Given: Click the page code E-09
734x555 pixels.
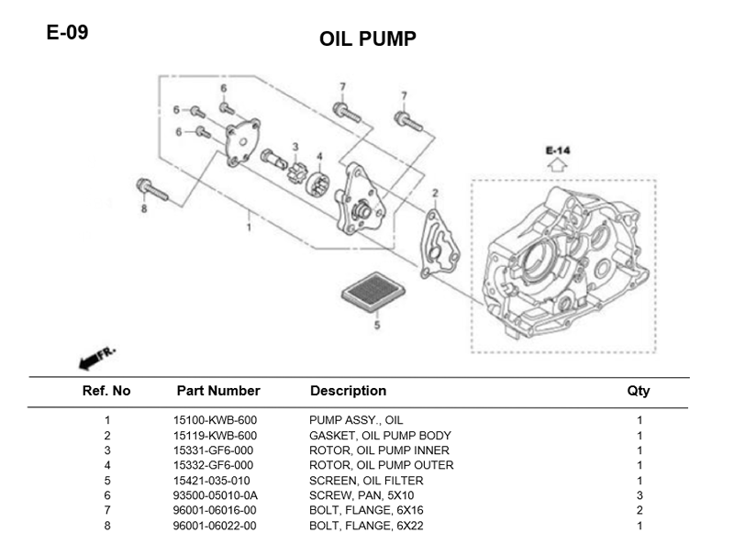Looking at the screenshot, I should pyautogui.click(x=67, y=33).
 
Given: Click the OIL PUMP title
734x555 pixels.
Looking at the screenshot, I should pyautogui.click(x=368, y=39).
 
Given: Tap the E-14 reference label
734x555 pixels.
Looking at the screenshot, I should pyautogui.click(x=557, y=150).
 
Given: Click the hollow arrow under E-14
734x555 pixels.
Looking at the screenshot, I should pyautogui.click(x=557, y=166).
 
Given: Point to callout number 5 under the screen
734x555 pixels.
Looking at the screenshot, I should pyautogui.click(x=375, y=325).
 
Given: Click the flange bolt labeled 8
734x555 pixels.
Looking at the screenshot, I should pyautogui.click(x=152, y=191).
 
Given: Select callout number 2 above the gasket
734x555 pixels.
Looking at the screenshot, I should pyautogui.click(x=435, y=194).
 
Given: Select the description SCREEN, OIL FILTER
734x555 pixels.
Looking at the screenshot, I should pyautogui.click(x=367, y=481).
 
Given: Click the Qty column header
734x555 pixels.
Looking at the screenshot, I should pyautogui.click(x=639, y=391).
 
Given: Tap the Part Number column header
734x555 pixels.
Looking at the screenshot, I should pyautogui.click(x=218, y=391).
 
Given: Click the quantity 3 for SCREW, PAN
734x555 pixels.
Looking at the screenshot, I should pyautogui.click(x=639, y=495).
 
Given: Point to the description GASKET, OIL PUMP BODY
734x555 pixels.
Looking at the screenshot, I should pyautogui.click(x=380, y=436).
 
